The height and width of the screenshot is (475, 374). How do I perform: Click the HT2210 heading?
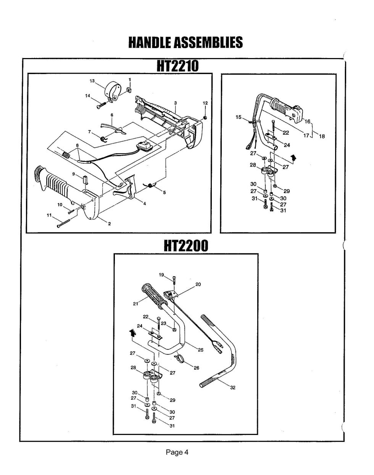pyautogui.click(x=178, y=66)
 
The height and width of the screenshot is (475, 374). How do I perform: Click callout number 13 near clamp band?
pyautogui.click(x=92, y=81)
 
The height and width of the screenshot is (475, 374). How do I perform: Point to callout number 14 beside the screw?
pyautogui.click(x=88, y=96)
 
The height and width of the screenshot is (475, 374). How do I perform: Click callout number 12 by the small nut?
pyautogui.click(x=205, y=103)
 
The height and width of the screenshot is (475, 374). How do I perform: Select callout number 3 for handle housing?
pyautogui.click(x=175, y=103)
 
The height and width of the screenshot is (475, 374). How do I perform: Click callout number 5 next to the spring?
pyautogui.click(x=164, y=192)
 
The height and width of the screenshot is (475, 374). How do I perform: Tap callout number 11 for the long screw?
pyautogui.click(x=49, y=216)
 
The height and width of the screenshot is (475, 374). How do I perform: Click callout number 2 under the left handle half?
pyautogui.click(x=109, y=224)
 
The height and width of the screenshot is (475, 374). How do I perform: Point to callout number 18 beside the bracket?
pyautogui.click(x=322, y=136)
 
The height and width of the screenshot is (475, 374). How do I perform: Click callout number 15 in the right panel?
pyautogui.click(x=239, y=117)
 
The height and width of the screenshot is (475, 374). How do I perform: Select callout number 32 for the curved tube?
pyautogui.click(x=232, y=388)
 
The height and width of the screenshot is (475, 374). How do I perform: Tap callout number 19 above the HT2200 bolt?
pyautogui.click(x=161, y=275)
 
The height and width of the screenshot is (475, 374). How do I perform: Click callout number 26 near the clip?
pyautogui.click(x=197, y=368)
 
